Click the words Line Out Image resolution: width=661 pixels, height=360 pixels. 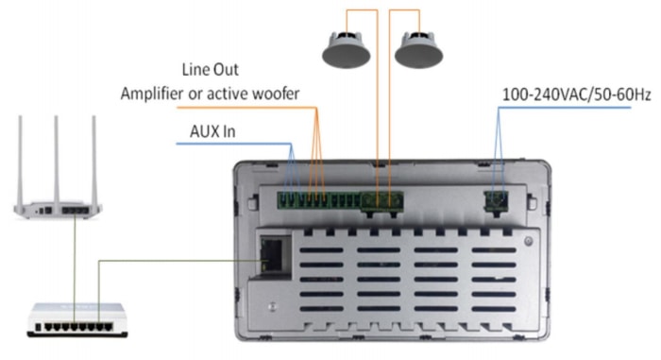pos(210,70)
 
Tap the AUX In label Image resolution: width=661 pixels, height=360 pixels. pos(212,131)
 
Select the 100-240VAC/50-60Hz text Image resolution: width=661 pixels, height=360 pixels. pos(577,94)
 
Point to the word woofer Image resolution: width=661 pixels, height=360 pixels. pos(276,94)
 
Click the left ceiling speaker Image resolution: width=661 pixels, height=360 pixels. pos(347,50)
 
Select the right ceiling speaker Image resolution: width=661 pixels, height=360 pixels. pos(418,50)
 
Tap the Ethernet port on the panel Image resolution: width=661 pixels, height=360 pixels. pos(271,254)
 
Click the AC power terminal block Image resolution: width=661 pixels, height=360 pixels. pos(496,201)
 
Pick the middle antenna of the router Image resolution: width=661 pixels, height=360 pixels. pos(56,162)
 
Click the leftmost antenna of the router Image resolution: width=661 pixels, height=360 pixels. pos(20,162)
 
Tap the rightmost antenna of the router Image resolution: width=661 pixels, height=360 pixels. pos(94,162)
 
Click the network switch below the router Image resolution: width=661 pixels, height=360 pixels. pos(77,320)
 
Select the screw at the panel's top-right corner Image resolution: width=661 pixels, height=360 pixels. pos(528,241)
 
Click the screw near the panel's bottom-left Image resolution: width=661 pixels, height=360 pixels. pos(273,307)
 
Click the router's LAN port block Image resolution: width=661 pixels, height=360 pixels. pos(76,210)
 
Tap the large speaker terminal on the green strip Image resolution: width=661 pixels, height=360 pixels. pos(381,201)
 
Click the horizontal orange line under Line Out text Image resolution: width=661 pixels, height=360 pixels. pos(246,108)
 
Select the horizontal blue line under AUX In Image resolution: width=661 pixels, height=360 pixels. pos(233,144)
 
